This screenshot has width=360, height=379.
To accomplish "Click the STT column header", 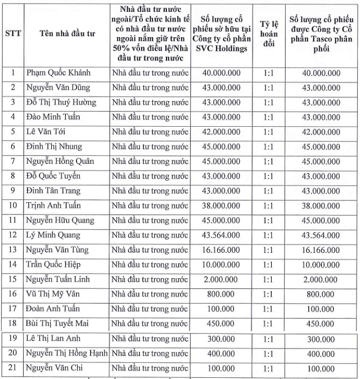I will (13, 33).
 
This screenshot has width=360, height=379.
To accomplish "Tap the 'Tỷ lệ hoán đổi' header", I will (268, 33).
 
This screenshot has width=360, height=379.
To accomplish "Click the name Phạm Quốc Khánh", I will (58, 73).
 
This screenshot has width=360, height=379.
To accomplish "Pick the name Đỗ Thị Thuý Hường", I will (61, 102).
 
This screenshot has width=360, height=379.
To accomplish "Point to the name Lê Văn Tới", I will (48, 132).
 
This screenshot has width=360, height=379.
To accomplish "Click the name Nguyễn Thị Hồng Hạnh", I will (67, 353).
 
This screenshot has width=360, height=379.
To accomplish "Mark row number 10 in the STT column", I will (13, 206).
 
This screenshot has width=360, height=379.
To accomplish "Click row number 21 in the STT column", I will (13, 368).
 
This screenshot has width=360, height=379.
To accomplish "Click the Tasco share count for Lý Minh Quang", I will (321, 235).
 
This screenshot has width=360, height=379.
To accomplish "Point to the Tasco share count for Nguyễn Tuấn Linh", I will (321, 279).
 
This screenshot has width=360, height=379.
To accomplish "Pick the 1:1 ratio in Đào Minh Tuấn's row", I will (268, 117).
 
